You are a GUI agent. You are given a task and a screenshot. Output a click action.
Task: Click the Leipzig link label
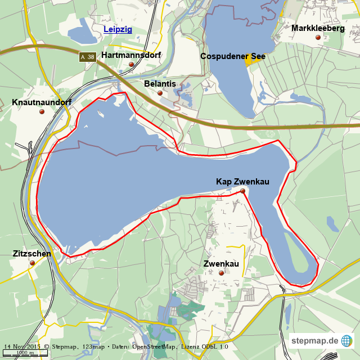[118, 29]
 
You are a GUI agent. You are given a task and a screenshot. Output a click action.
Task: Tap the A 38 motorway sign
[87, 57]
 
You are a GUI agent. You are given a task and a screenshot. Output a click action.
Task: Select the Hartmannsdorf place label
[131, 55]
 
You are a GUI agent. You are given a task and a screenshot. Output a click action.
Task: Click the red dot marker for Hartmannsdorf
[132, 65]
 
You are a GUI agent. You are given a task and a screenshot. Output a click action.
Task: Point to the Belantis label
[160, 84]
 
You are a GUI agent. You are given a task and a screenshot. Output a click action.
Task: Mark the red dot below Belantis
[160, 93]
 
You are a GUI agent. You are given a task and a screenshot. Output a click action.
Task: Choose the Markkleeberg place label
[318, 28]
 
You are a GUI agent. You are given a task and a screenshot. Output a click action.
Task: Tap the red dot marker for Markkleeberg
[318, 38]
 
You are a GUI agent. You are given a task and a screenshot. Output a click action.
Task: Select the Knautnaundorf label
[42, 102]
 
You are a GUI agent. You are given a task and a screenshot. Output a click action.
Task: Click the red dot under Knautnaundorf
[42, 111]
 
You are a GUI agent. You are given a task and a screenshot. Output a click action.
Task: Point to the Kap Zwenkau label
[242, 181]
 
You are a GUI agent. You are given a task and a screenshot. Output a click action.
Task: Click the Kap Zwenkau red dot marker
[242, 191]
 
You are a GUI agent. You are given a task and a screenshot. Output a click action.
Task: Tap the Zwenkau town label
[221, 264]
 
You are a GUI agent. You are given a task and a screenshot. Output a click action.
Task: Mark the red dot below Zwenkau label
[221, 273]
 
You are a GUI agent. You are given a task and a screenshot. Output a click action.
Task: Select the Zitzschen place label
[31, 254]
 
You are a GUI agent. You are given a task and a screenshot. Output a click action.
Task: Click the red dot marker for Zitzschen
[31, 263]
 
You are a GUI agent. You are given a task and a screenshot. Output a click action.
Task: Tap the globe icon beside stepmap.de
[346, 341]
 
